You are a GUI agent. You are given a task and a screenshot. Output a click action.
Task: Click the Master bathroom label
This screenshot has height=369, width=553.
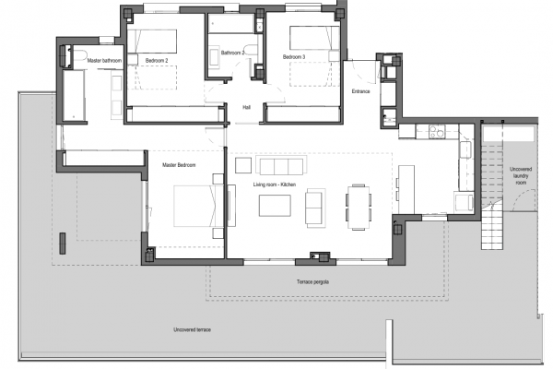click(104, 61)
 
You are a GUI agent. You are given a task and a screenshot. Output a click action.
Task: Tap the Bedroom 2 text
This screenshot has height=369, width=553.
click(157, 61)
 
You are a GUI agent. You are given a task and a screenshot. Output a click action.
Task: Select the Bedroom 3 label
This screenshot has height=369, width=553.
click(294, 57)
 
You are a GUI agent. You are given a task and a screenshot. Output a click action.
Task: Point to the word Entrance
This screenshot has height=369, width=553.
click(360, 91)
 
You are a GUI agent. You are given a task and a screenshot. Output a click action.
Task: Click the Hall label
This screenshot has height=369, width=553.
click(246, 107)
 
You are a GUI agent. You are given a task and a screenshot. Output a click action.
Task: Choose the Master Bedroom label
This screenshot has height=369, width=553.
click(179, 165)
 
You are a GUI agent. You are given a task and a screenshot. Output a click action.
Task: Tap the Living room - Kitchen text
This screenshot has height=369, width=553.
click(275, 184)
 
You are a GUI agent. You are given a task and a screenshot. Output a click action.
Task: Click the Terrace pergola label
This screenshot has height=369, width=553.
click(312, 281)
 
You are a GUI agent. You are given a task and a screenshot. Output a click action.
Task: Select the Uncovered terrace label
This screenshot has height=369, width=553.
click(193, 330)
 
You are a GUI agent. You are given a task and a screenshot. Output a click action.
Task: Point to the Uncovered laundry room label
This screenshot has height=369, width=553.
click(521, 176)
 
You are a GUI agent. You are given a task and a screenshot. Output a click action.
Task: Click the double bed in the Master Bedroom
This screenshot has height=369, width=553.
click(198, 206)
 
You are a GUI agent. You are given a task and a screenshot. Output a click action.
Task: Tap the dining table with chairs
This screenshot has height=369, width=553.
click(359, 208)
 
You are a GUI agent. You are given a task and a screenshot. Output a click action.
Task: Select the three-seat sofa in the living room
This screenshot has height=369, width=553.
click(281, 166)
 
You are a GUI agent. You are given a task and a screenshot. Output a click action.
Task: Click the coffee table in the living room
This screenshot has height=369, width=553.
click(275, 206)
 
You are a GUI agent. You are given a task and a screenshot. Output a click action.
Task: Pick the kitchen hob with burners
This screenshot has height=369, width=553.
click(437, 131)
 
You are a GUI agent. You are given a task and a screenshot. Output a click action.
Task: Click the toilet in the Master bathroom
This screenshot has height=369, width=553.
click(78, 56)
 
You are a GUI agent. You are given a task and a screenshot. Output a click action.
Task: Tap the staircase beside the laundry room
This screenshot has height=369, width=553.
click(492, 195)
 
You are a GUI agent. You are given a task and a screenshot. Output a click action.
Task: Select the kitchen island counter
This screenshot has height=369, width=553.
click(406, 189)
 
